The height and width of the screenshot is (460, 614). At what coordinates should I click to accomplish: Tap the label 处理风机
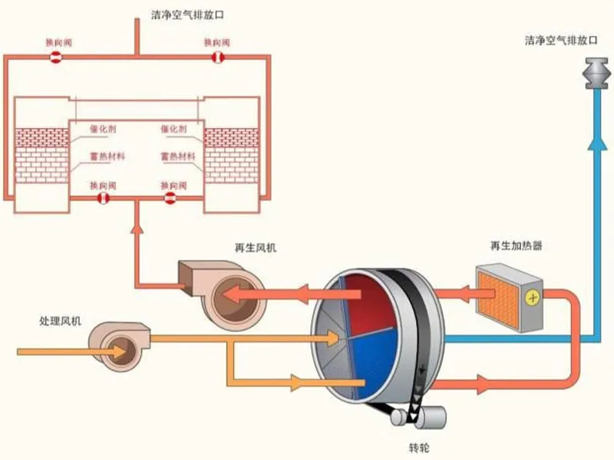coord(61,320)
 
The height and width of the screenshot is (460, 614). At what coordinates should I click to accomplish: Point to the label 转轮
coord(419,446)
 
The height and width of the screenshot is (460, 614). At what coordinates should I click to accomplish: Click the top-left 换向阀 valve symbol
coord(56,58)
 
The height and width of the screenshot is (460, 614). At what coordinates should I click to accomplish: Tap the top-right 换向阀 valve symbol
coord(217,58)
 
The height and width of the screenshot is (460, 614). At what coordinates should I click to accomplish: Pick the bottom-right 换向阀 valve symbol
coord(171,199)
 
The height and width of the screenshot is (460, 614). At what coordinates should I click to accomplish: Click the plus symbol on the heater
coord(531,295)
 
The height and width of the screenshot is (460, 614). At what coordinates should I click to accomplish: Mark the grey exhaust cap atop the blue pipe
coord(596,73)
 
